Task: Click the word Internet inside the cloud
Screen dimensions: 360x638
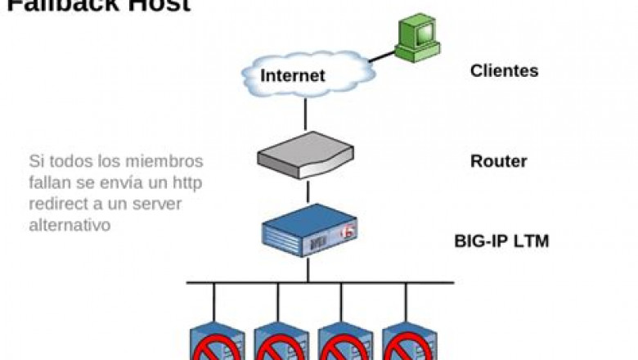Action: coord(292,76)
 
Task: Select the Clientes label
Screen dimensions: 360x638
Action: coord(504,71)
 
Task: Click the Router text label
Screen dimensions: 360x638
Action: coord(498,161)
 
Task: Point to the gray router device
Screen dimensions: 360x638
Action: coord(306,156)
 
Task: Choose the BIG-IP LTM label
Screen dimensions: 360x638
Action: coord(501,241)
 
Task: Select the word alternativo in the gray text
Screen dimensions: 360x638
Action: coord(70,225)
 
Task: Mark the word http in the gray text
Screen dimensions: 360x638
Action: coord(187,182)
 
